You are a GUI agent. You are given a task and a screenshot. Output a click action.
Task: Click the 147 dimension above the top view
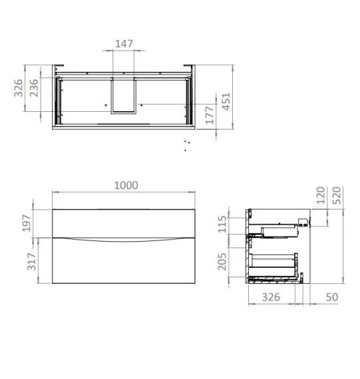click(x=124, y=44)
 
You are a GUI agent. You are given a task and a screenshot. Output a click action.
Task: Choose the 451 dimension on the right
click(x=226, y=100)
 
